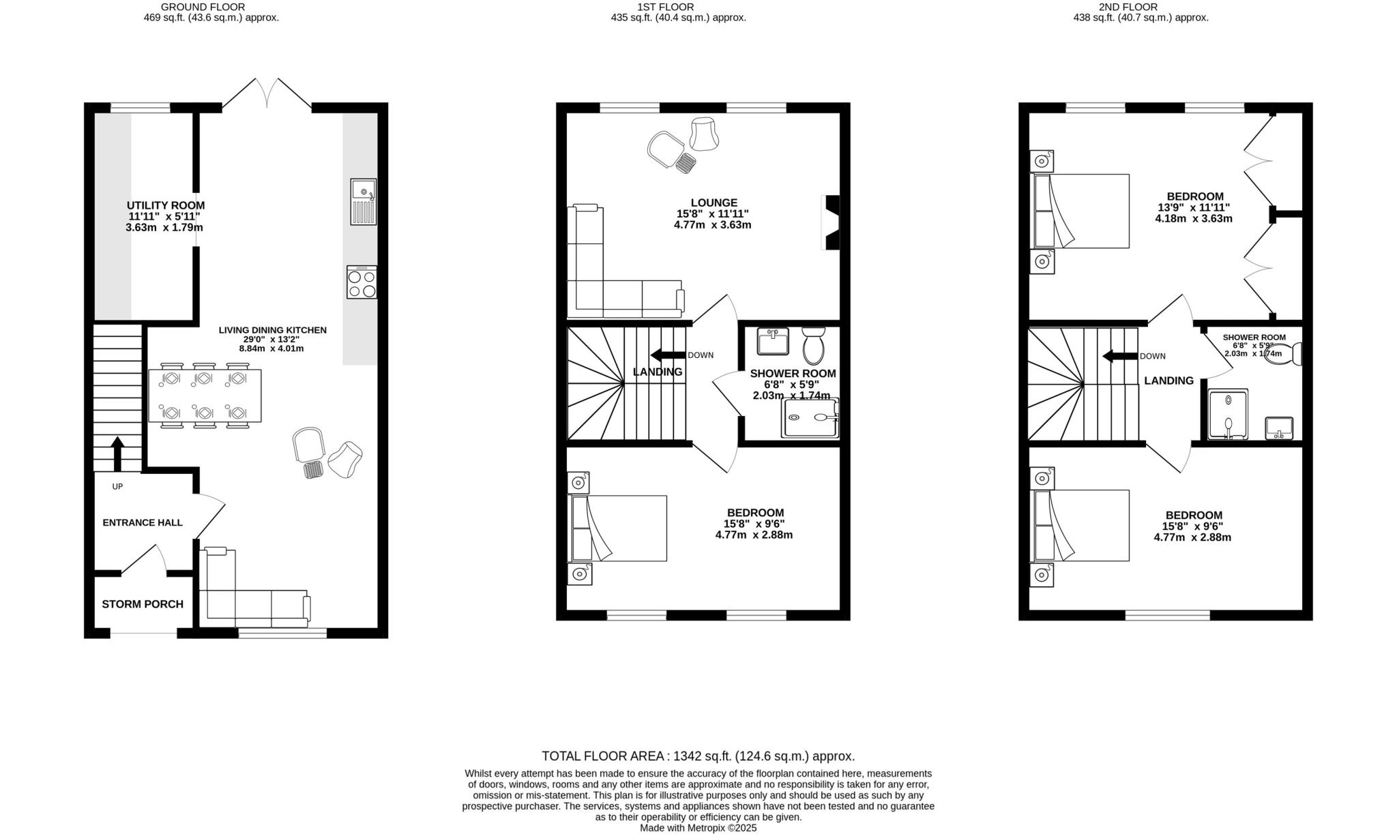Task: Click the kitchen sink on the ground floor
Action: click(x=363, y=202)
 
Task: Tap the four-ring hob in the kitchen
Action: click(x=362, y=282)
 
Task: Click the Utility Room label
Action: click(x=166, y=205)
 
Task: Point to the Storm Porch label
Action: click(x=143, y=604)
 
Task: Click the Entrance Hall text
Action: click(x=143, y=523)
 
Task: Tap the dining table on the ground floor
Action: click(x=205, y=396)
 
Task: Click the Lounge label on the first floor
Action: click(x=714, y=203)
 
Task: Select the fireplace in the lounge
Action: click(x=832, y=223)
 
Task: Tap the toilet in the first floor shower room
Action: click(x=813, y=346)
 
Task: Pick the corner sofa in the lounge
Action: click(x=600, y=286)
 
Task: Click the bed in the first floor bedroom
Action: click(x=617, y=528)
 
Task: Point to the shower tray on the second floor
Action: click(x=1228, y=415)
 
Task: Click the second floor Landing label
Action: click(x=1168, y=381)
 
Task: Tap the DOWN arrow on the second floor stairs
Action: click(x=1119, y=356)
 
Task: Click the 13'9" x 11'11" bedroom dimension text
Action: click(x=1194, y=208)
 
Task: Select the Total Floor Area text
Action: click(x=698, y=756)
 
